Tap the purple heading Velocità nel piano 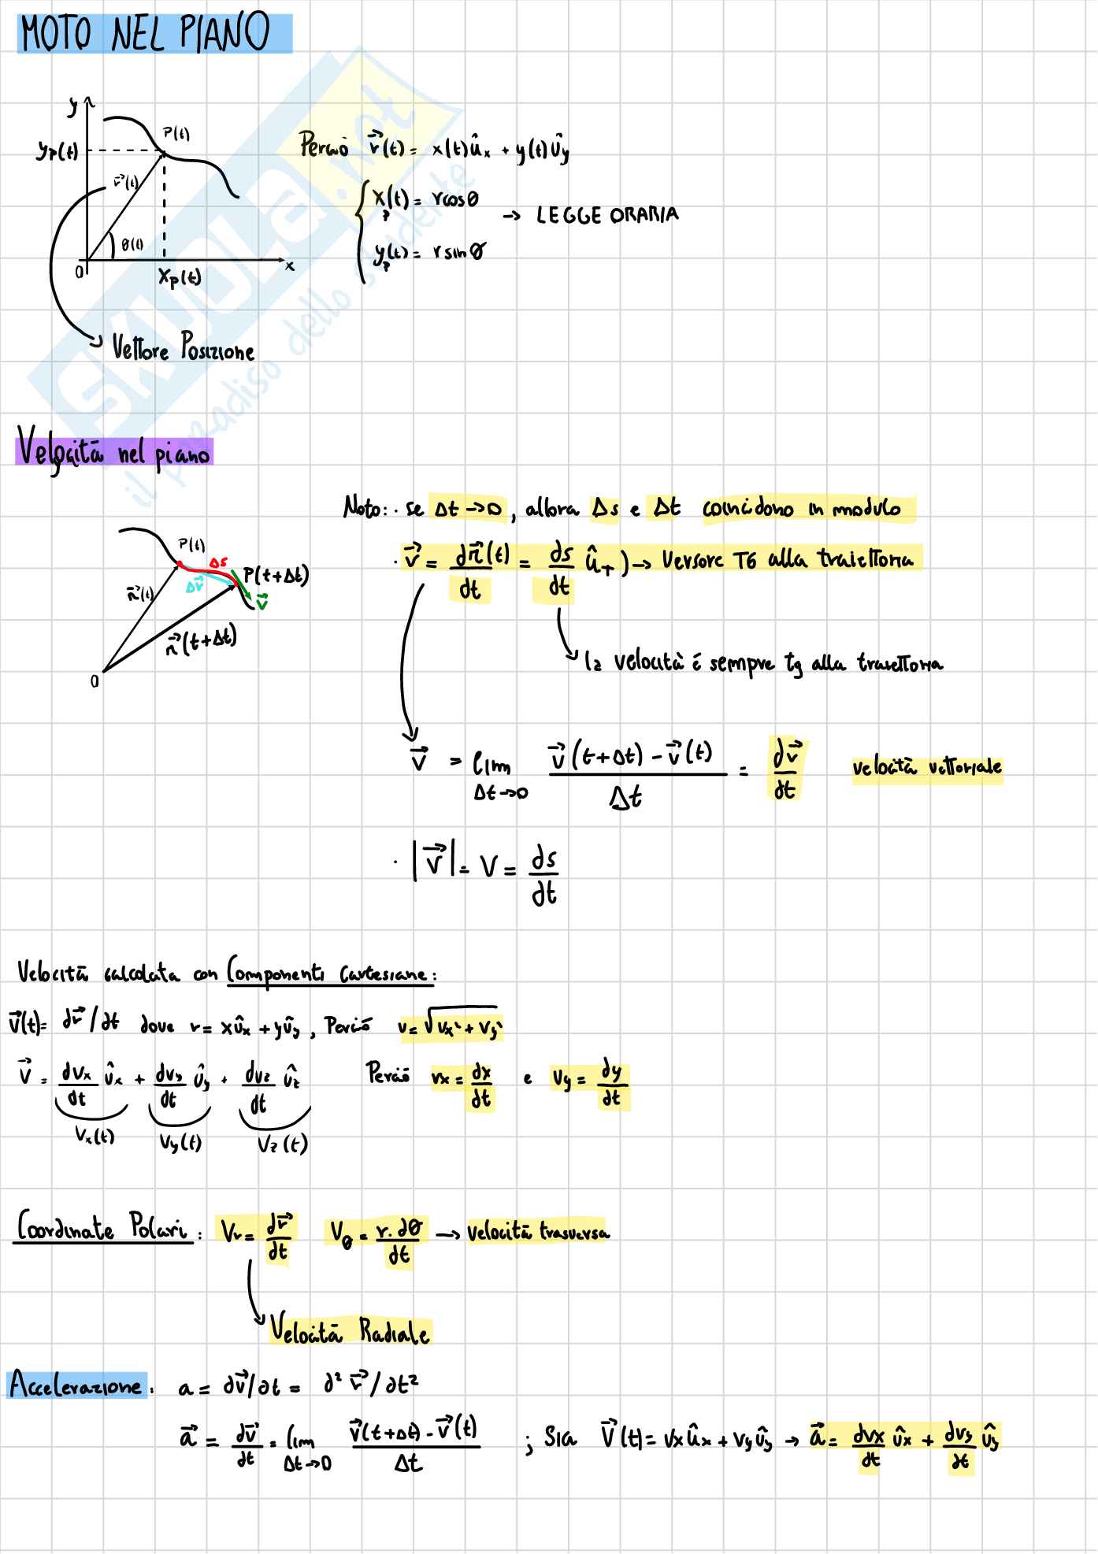coord(114,452)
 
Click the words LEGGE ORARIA coord(606,215)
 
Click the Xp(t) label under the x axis coord(180,277)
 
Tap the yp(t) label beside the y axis coord(57,151)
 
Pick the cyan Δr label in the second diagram coord(195,586)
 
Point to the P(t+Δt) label coord(276,576)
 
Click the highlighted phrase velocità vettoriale coord(927,766)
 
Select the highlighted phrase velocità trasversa coord(538,1232)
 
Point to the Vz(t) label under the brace coord(281,1144)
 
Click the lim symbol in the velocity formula coord(492,764)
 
